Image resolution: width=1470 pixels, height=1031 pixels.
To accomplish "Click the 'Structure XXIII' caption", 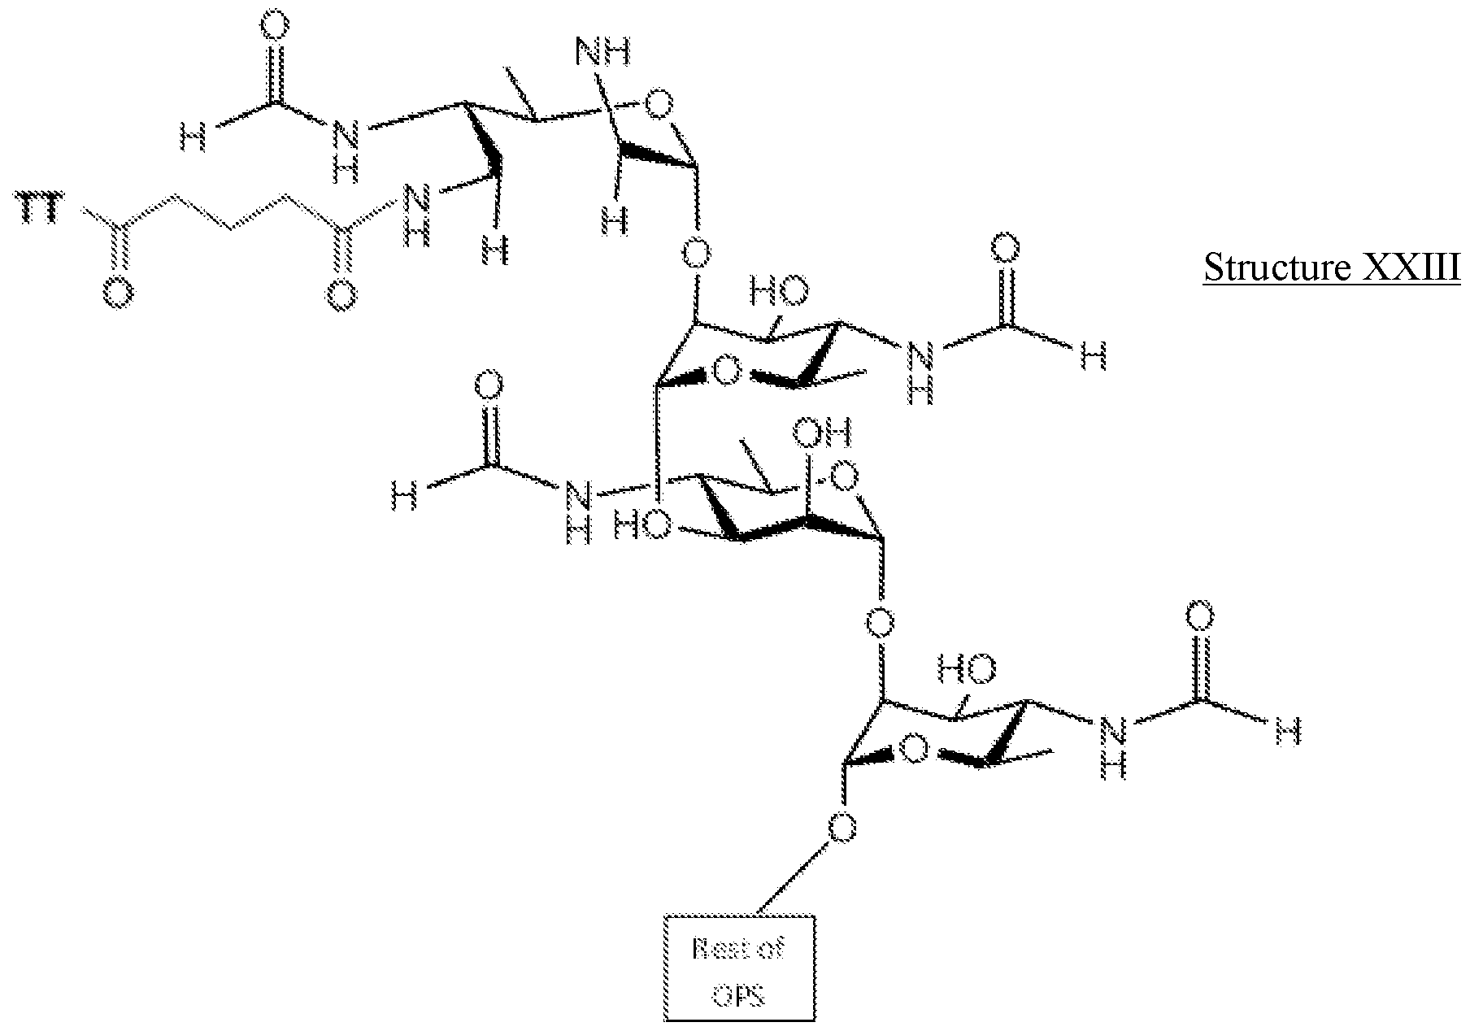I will click(x=1331, y=267).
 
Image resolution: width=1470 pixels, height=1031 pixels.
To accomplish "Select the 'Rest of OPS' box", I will click(x=738, y=967).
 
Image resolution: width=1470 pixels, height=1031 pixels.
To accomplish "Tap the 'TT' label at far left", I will click(x=38, y=213).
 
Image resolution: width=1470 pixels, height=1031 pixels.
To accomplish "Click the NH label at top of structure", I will click(x=602, y=54).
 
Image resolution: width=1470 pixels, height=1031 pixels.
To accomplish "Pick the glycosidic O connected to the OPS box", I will click(x=842, y=829).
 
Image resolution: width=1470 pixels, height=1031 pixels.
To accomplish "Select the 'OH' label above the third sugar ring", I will click(x=823, y=433).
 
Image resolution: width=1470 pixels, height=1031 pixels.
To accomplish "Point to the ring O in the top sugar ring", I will click(x=658, y=103).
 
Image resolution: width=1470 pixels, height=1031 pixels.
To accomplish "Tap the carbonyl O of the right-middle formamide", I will click(x=1006, y=246).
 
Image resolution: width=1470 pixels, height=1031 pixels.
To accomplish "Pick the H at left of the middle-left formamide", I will click(x=403, y=494).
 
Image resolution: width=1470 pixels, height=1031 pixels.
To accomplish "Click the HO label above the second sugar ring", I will click(x=778, y=289).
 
